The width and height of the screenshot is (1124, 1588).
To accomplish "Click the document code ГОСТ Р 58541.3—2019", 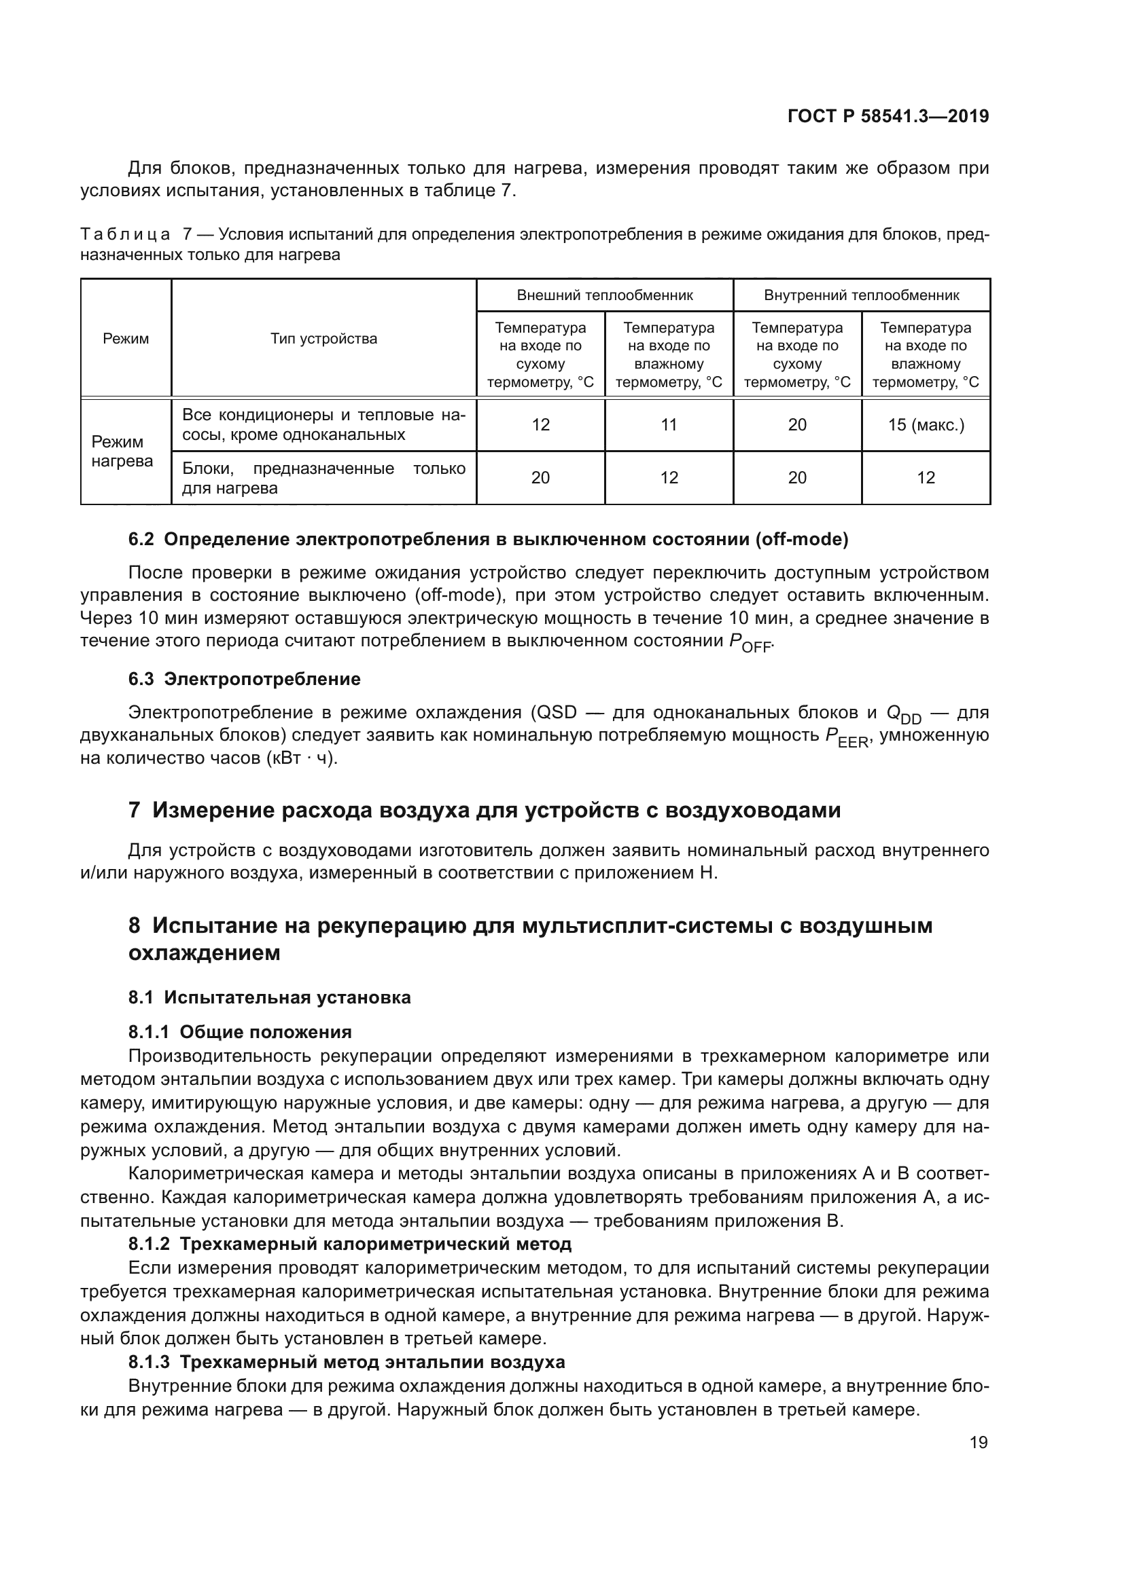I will (x=888, y=116).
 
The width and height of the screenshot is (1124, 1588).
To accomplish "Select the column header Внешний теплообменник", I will (x=604, y=295).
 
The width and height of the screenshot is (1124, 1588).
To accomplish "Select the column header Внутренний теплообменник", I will (x=861, y=295).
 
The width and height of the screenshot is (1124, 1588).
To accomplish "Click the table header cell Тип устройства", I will (x=323, y=338).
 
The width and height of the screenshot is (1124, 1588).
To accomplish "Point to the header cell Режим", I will (x=125, y=338).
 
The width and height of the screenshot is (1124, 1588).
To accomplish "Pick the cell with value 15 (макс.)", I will (x=926, y=424).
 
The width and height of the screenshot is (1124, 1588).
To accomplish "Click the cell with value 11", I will (x=669, y=424).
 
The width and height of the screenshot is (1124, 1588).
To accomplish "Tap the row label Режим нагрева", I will (x=122, y=451).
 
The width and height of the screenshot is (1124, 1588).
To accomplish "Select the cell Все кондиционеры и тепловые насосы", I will (x=323, y=424).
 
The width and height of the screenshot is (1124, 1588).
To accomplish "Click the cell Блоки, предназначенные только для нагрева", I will (x=323, y=478).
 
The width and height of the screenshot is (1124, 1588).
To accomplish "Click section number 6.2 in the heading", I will (x=141, y=540).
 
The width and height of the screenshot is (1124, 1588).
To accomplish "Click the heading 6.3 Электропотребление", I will (x=245, y=679).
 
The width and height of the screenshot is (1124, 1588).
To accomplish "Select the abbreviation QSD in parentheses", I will (x=557, y=712).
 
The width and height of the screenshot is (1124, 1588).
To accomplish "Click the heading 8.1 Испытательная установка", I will (x=269, y=997).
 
